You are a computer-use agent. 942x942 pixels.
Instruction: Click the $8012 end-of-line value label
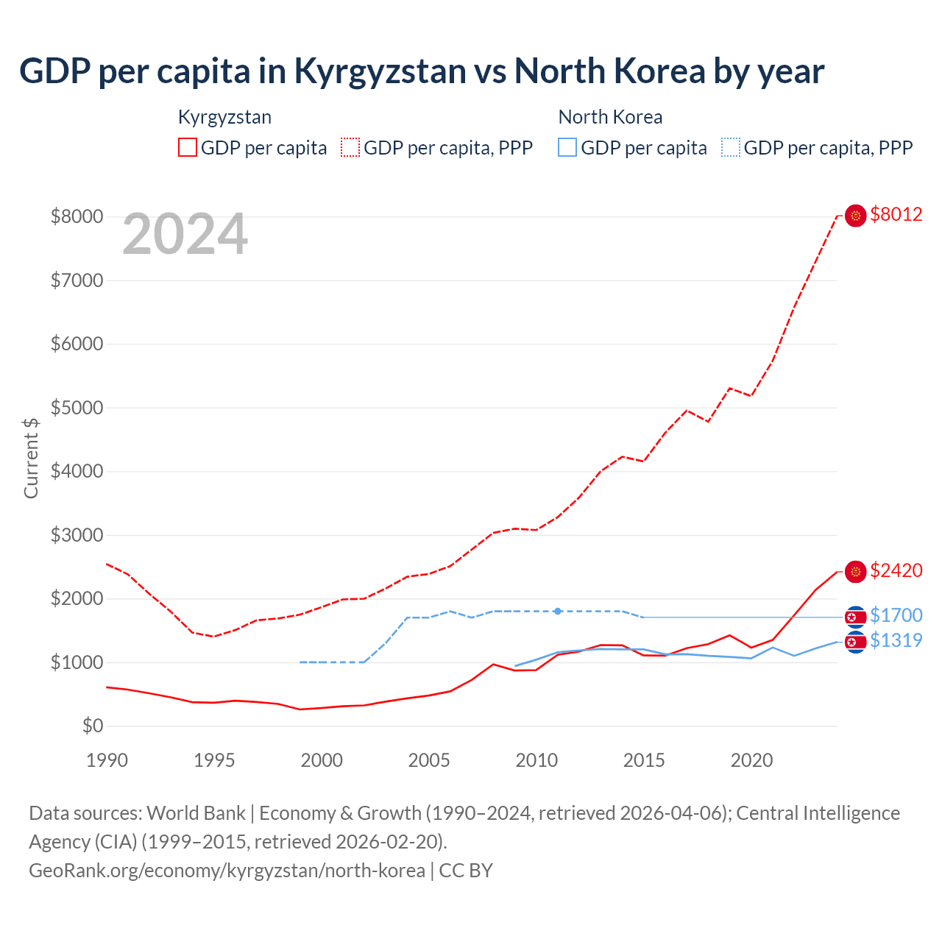pyautogui.click(x=896, y=215)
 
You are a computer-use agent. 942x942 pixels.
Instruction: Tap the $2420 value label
pyautogui.click(x=896, y=570)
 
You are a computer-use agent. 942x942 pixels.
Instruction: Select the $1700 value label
pyautogui.click(x=896, y=615)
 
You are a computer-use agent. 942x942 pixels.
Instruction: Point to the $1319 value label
pyautogui.click(x=896, y=640)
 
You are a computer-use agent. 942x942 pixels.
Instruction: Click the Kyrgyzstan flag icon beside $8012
pyautogui.click(x=855, y=216)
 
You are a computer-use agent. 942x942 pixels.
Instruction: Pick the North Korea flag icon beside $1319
pyautogui.click(x=855, y=642)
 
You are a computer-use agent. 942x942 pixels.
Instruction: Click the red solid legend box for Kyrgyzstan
pyautogui.click(x=188, y=147)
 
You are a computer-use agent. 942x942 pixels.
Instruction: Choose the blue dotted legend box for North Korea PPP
pyautogui.click(x=731, y=147)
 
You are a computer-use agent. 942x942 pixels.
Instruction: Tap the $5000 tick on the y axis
pyautogui.click(x=77, y=408)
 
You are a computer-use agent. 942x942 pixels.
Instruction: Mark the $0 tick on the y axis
pyautogui.click(x=93, y=726)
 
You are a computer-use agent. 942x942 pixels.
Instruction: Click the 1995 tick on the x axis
pyautogui.click(x=214, y=760)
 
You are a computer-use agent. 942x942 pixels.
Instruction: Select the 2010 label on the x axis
pyautogui.click(x=536, y=760)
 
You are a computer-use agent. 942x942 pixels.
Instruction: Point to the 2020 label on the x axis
pyautogui.click(x=751, y=760)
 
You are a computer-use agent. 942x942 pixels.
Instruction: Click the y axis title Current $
pyautogui.click(x=31, y=458)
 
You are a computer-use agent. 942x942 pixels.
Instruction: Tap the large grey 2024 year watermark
pyautogui.click(x=185, y=234)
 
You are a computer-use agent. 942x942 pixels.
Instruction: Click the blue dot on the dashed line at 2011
pyautogui.click(x=558, y=612)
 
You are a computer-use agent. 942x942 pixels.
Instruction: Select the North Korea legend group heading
pyautogui.click(x=610, y=117)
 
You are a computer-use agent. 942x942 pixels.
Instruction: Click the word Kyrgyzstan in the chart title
pyautogui.click(x=380, y=71)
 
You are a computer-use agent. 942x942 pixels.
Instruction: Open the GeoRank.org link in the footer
pyautogui.click(x=227, y=871)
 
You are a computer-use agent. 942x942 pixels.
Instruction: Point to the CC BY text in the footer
pyautogui.click(x=466, y=871)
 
